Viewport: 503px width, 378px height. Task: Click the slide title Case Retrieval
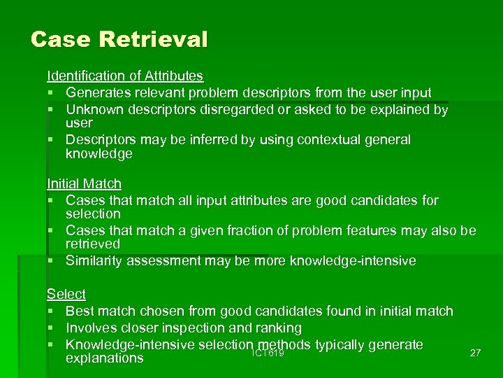click(x=119, y=38)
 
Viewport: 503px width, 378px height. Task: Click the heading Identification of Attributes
click(x=125, y=76)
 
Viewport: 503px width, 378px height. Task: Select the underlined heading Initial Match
click(x=84, y=184)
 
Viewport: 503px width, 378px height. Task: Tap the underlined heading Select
click(x=66, y=294)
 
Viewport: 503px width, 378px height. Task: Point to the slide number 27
click(x=475, y=353)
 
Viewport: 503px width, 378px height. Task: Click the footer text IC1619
click(x=268, y=353)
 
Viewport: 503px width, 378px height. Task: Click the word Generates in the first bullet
click(x=99, y=92)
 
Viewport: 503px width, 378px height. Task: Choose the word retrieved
click(x=93, y=244)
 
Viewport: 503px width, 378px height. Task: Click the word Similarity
click(x=93, y=261)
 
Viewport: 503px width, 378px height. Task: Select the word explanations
click(x=104, y=358)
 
